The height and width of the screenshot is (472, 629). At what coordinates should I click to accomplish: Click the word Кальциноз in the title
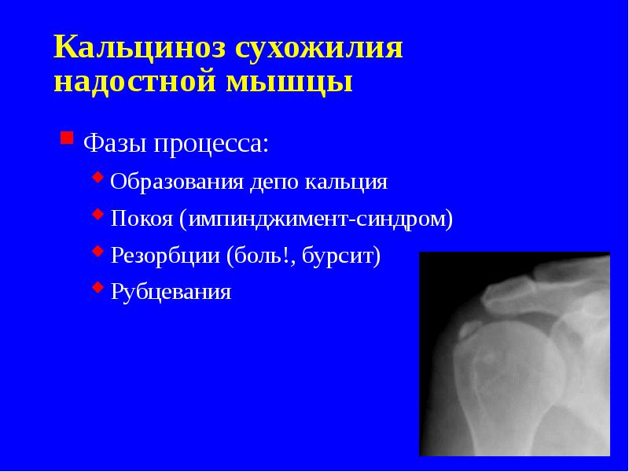tap(137, 49)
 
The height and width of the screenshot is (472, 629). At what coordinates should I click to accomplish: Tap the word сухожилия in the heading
tap(318, 49)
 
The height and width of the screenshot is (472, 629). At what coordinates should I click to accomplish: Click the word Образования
tap(178, 183)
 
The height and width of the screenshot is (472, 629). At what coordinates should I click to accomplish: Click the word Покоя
tap(142, 219)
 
